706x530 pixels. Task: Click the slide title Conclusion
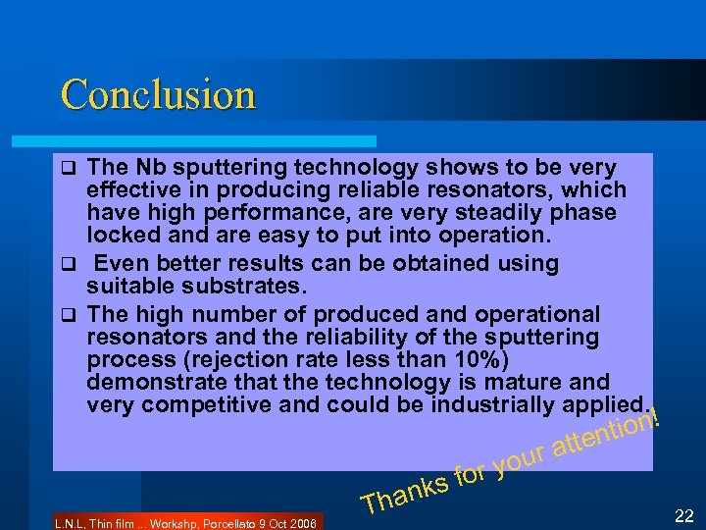(x=158, y=95)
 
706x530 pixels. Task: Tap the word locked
(x=121, y=235)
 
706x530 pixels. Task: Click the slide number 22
(x=685, y=514)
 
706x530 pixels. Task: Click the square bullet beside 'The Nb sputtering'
(x=68, y=168)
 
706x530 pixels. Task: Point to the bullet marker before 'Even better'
(x=68, y=264)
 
